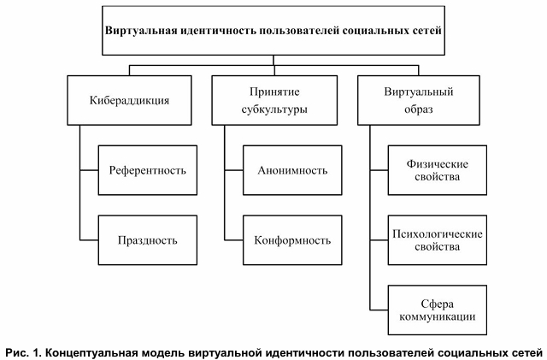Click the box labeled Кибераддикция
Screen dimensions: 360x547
click(x=128, y=100)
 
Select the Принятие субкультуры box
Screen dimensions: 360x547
click(x=273, y=100)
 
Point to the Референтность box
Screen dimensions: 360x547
click(x=147, y=169)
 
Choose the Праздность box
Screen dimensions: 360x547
click(x=147, y=239)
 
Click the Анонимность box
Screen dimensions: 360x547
click(x=292, y=169)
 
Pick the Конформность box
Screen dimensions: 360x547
click(x=292, y=239)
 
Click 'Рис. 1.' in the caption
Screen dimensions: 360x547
click(x=23, y=350)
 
